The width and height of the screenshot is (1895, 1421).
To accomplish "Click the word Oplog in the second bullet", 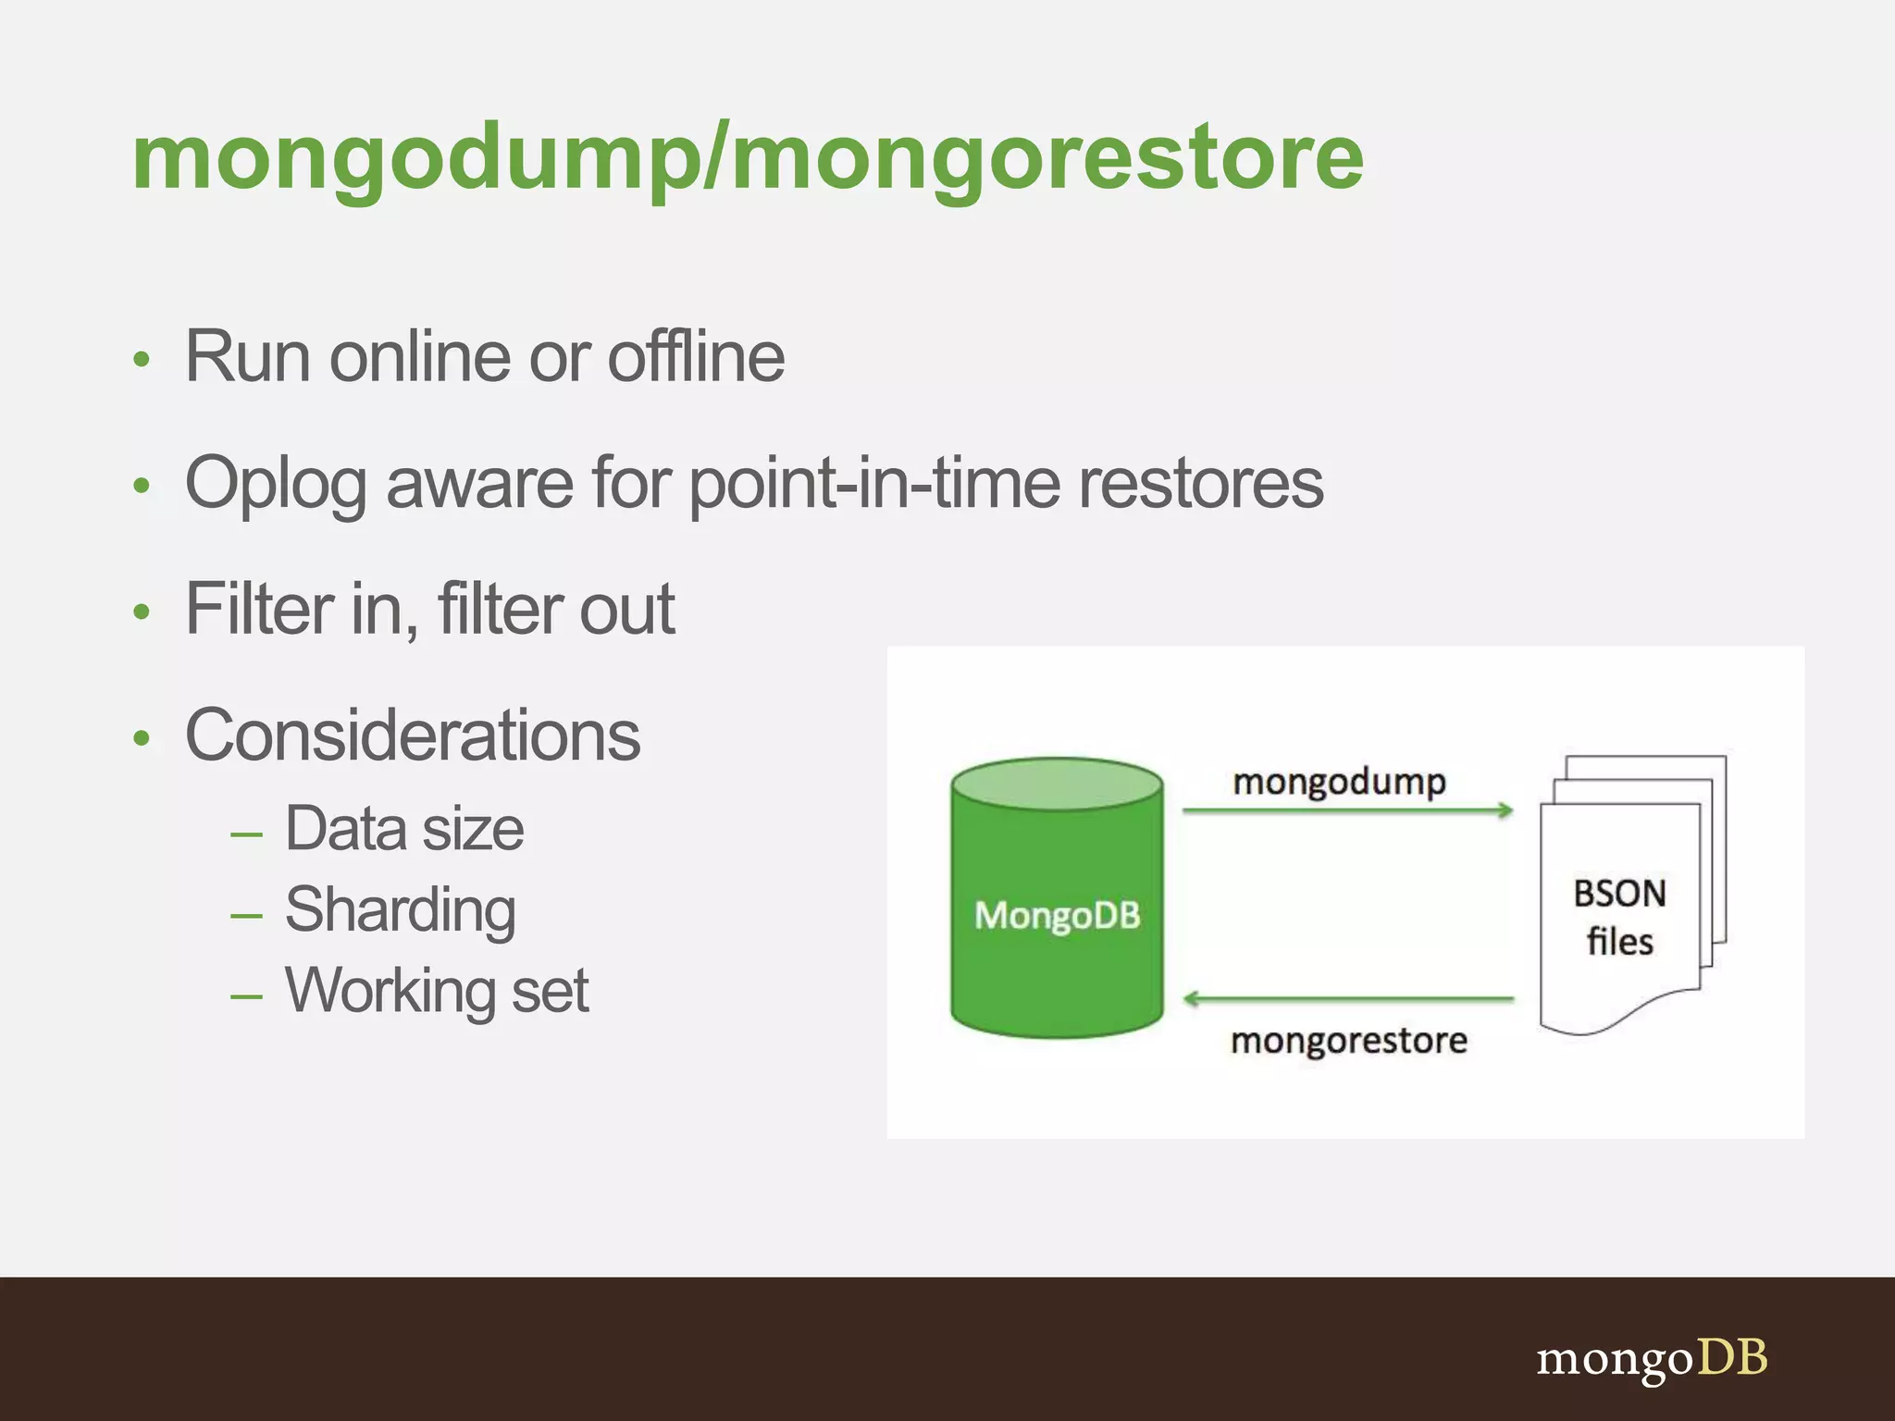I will [276, 483].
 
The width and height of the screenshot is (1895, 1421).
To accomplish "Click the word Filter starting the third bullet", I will [259, 609].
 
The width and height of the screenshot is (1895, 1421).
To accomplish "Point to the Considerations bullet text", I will [413, 735].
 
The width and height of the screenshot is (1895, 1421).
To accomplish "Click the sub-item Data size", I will [404, 828].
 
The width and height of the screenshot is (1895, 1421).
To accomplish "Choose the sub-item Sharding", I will [400, 909].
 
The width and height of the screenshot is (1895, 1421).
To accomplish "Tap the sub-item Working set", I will [437, 990].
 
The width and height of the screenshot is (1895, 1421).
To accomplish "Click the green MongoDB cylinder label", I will [1057, 916].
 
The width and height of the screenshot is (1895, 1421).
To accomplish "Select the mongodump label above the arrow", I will [1339, 782].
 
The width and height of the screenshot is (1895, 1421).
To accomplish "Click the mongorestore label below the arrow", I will [1348, 1041].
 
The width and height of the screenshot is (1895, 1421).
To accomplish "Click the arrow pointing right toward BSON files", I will [1347, 811].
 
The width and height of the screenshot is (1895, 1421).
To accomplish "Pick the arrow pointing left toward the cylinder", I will [1347, 999].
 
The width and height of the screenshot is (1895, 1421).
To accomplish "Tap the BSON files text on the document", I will [1619, 917].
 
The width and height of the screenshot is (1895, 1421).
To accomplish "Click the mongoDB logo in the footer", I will [1652, 1358].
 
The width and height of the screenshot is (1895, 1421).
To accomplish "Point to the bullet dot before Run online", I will [141, 359].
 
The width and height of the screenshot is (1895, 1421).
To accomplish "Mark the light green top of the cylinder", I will [1057, 785].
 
